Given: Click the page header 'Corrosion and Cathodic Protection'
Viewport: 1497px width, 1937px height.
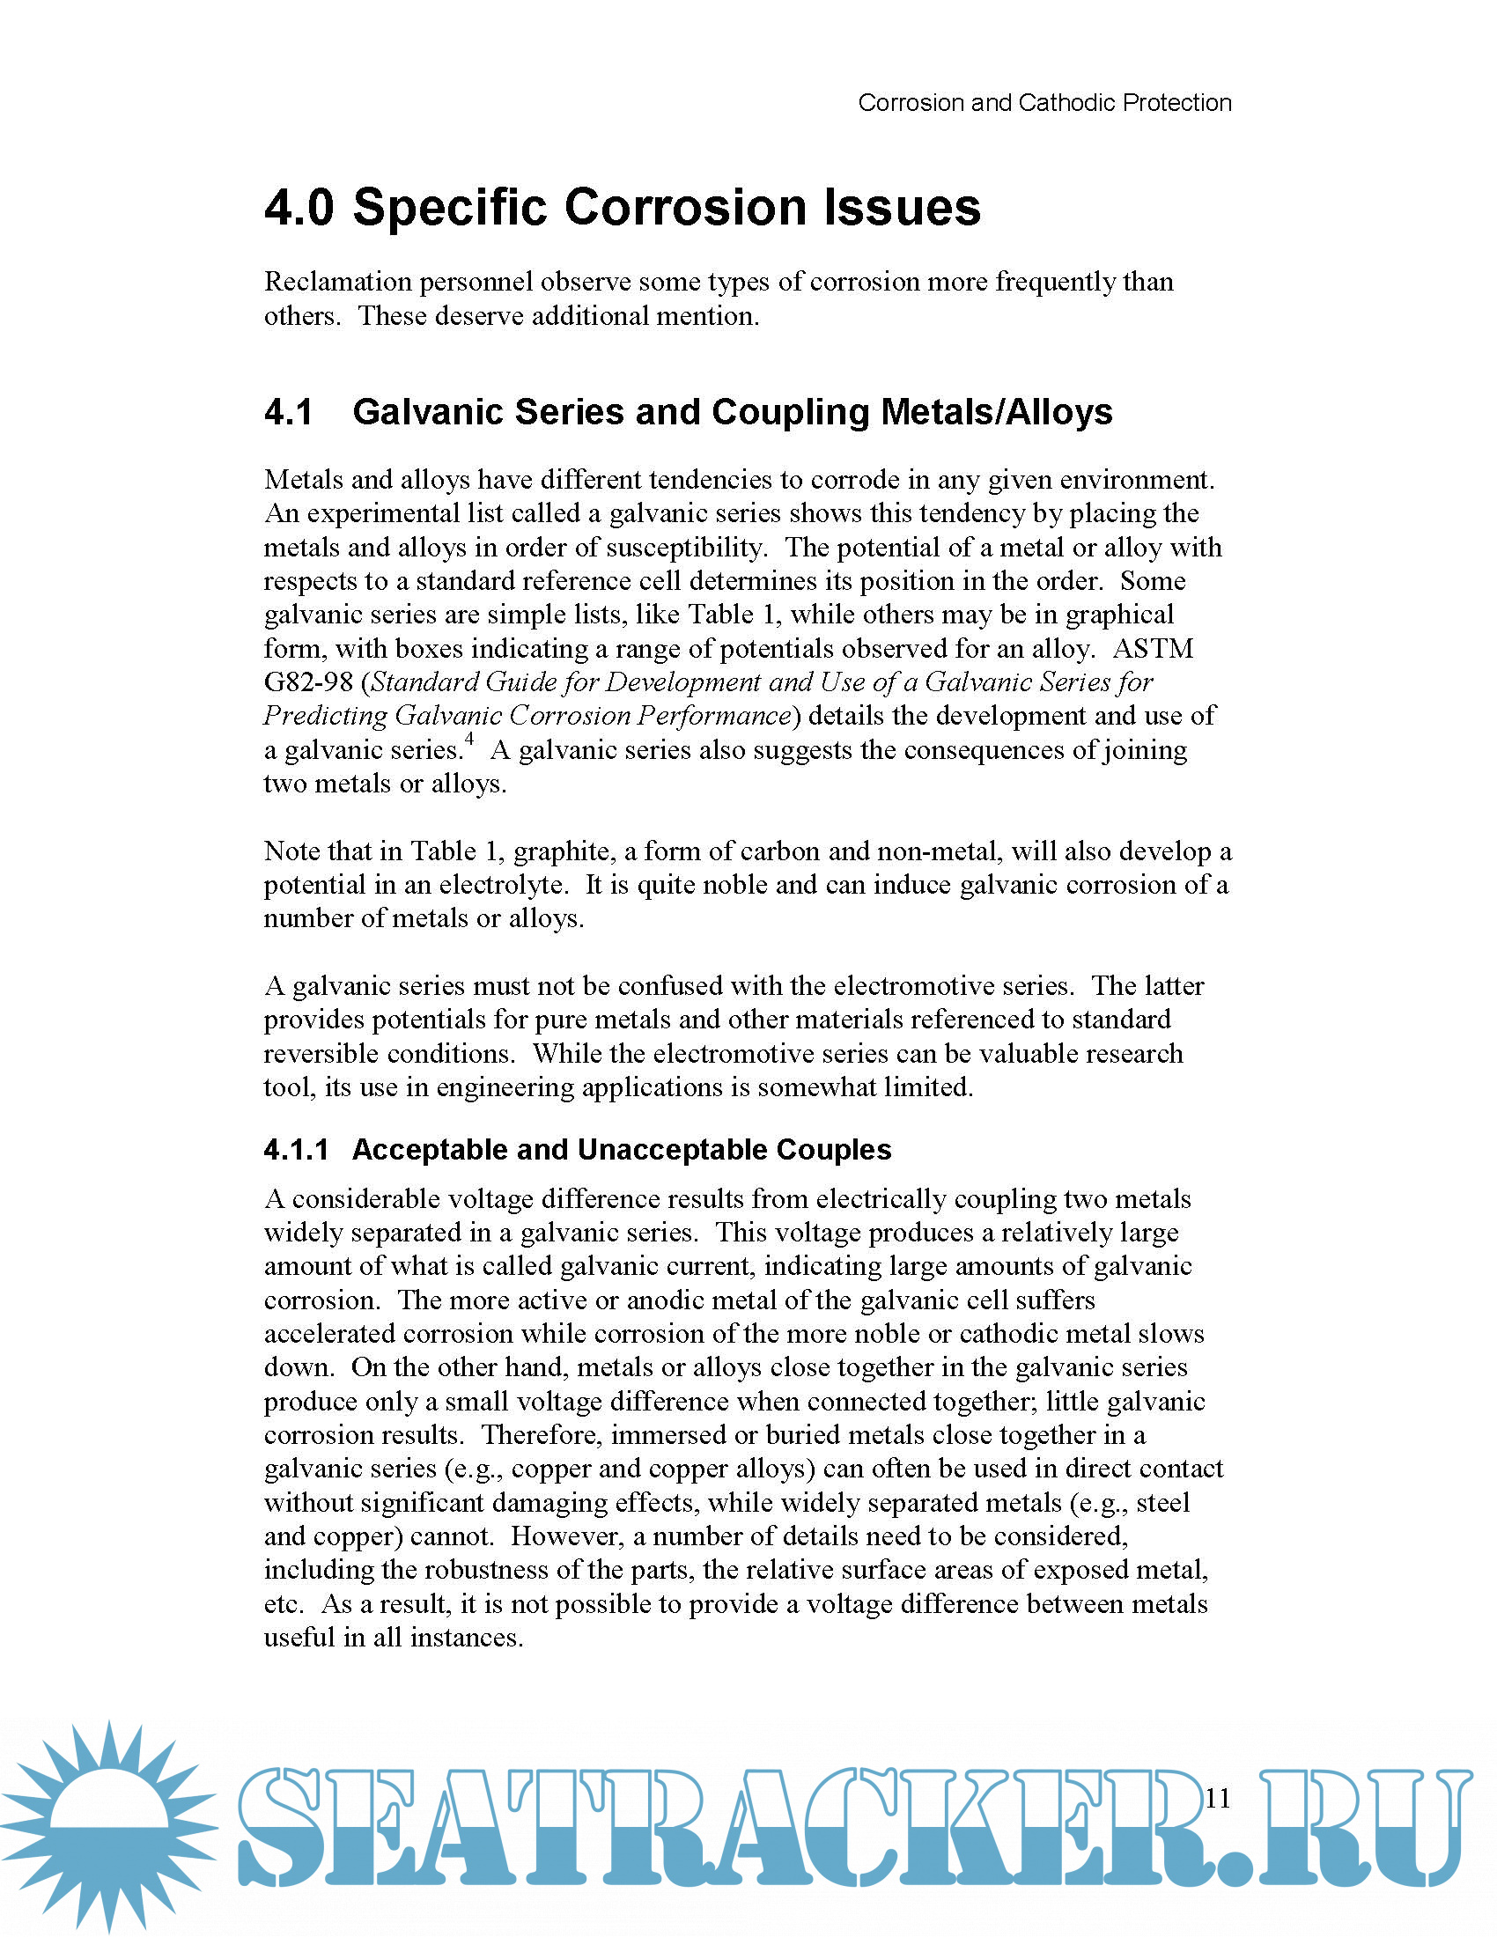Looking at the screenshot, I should [1043, 103].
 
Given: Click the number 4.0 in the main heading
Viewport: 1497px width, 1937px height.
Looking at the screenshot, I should [299, 208].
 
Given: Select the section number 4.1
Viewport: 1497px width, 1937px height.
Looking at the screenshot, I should [288, 412].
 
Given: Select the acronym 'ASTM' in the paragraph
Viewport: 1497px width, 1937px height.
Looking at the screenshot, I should [1152, 648].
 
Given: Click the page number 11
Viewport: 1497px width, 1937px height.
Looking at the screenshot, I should [1218, 1798].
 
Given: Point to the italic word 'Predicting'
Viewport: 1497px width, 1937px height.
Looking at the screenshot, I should [325, 716].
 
